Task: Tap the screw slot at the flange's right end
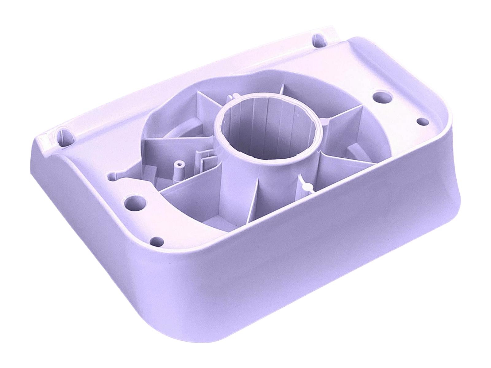pyautogui.click(x=319, y=41)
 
